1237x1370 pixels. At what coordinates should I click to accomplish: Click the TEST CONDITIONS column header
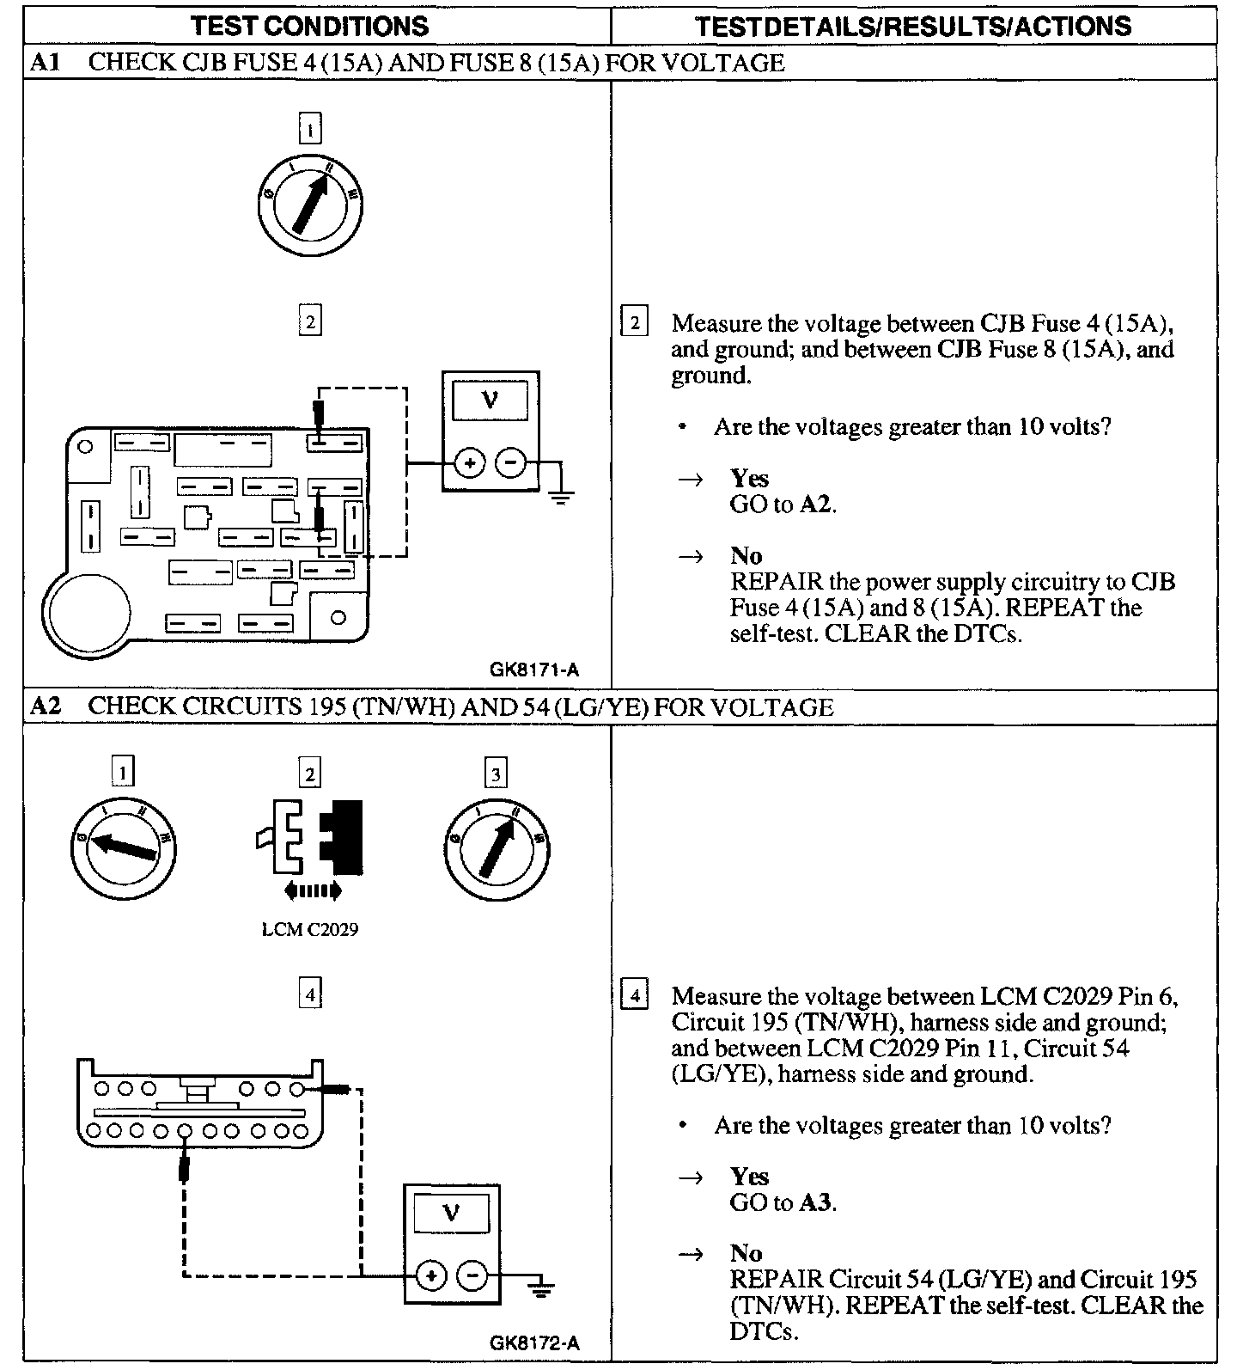pyautogui.click(x=309, y=25)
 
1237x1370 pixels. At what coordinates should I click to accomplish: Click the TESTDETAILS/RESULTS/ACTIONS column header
pyautogui.click(x=912, y=25)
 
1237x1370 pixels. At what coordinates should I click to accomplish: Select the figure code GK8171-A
pyautogui.click(x=535, y=670)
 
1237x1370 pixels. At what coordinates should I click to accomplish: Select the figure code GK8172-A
pyautogui.click(x=534, y=1342)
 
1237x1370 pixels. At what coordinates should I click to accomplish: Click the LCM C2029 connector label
pyautogui.click(x=309, y=929)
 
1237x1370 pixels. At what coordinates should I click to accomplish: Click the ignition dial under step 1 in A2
pyautogui.click(x=125, y=847)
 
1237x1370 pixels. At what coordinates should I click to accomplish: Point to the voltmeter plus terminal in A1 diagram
pyautogui.click(x=469, y=464)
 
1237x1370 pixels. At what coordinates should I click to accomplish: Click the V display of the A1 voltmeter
pyautogui.click(x=491, y=399)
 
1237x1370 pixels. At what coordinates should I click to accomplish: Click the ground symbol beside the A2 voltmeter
pyautogui.click(x=540, y=1287)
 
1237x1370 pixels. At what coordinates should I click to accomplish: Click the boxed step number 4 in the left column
pyautogui.click(x=309, y=995)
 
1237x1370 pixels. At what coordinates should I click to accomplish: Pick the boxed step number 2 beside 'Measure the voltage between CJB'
pyautogui.click(x=634, y=323)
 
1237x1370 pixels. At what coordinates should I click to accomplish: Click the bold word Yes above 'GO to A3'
pyautogui.click(x=749, y=1176)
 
